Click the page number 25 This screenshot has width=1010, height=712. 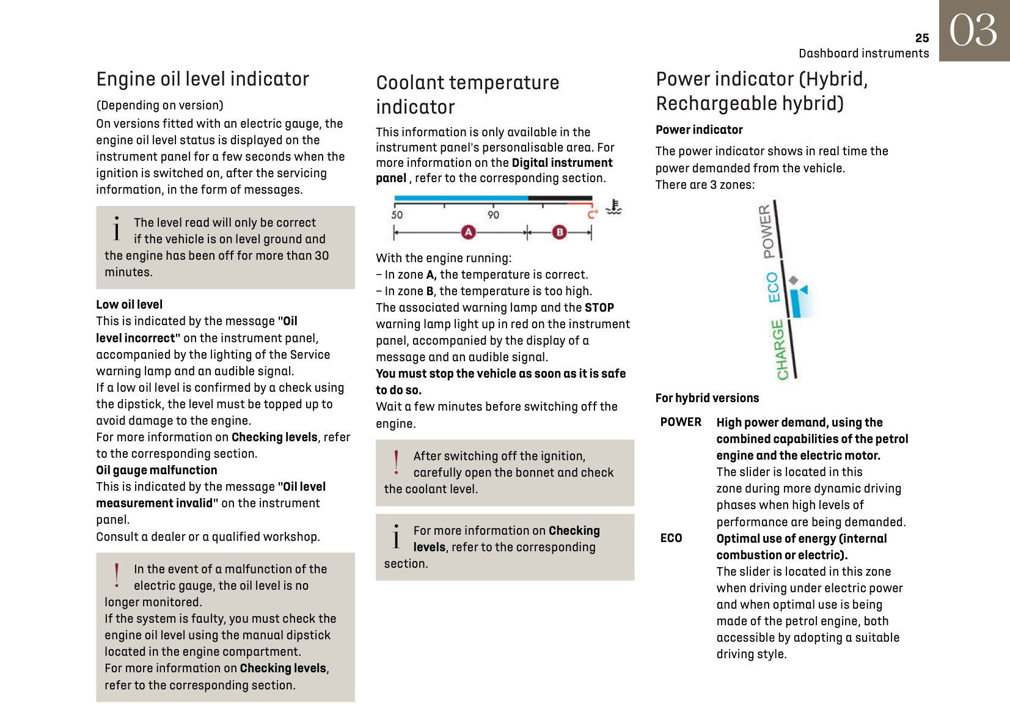[921, 38]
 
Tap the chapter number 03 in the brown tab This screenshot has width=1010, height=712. [973, 31]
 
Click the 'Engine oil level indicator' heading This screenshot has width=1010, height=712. [202, 79]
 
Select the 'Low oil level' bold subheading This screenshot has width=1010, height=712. [129, 304]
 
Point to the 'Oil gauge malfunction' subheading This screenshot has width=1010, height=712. [156, 470]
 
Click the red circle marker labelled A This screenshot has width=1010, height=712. [468, 232]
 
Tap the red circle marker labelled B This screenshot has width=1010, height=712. [559, 232]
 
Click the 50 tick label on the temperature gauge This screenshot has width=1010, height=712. [397, 215]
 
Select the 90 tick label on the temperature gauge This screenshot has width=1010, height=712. [493, 215]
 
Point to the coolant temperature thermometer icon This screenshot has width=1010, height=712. [613, 208]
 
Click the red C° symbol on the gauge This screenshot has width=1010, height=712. [592, 215]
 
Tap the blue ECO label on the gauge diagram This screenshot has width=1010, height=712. [773, 287]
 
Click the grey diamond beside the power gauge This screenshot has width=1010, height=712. [793, 280]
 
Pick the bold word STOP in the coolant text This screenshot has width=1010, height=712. [599, 307]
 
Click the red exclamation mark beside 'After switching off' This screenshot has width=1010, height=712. [397, 463]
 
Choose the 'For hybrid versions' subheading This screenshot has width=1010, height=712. [707, 398]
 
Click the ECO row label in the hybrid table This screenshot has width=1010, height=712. [671, 538]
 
